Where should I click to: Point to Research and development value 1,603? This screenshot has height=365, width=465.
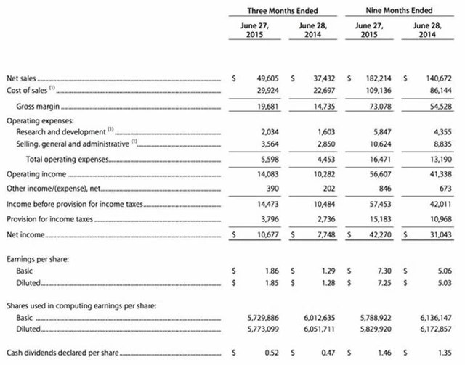point(320,132)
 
